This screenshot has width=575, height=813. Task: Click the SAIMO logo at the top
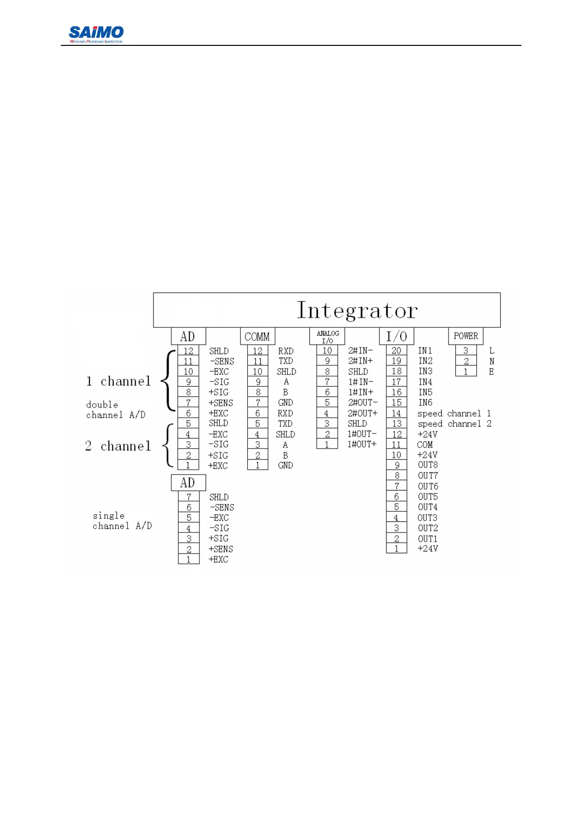tap(96, 33)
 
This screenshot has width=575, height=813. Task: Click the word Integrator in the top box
tap(357, 310)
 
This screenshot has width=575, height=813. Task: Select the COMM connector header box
tap(257, 336)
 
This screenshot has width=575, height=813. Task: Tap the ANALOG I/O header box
tap(327, 336)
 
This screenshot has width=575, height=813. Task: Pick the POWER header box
tap(465, 336)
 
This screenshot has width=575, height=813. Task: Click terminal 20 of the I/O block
tap(396, 350)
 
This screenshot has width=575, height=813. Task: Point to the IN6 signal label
tap(425, 403)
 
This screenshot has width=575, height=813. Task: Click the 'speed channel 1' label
tap(454, 413)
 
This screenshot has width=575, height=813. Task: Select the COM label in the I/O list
tap(425, 445)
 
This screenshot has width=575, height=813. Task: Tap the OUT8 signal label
tap(428, 465)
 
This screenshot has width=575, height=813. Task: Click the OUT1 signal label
tap(427, 538)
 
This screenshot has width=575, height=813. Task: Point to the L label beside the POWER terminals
tap(491, 351)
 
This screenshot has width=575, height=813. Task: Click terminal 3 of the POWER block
tap(466, 350)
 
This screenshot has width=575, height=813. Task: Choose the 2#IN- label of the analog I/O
tap(360, 351)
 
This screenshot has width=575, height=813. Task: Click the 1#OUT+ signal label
tap(362, 444)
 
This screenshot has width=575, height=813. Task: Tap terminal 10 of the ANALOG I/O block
tap(327, 351)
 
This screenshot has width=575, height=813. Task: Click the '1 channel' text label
tap(119, 381)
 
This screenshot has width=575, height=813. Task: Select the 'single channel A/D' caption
tap(122, 521)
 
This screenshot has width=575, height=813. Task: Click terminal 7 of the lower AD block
tap(189, 497)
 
